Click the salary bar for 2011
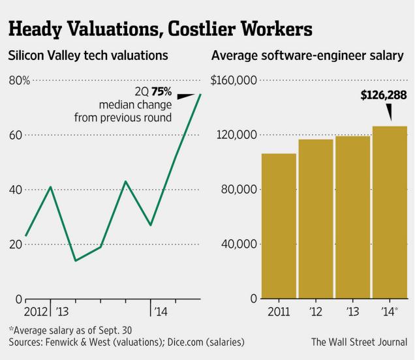tap(279, 226)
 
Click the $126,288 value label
tap(384, 95)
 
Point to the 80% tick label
tap(19, 81)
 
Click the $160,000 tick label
tap(233, 81)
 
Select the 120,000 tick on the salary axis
tap(236, 135)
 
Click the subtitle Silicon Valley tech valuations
tap(88, 56)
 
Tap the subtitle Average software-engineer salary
tap(307, 56)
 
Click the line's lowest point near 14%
tap(76, 261)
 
